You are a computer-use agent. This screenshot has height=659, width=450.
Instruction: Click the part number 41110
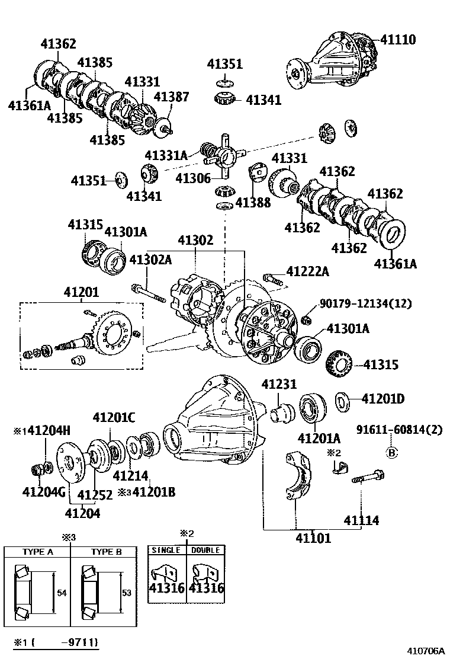coord(398,40)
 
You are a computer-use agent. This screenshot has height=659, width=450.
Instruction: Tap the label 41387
coord(171,97)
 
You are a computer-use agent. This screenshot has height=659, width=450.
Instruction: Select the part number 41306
coord(193,178)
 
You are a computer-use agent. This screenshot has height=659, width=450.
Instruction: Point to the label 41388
coord(253,203)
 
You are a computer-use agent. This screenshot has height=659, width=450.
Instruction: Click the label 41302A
coord(151,260)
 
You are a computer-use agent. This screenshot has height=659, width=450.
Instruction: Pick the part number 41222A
coord(308,272)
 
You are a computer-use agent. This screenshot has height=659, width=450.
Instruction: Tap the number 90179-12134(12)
coord(366,303)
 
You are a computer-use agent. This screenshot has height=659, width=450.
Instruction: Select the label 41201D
coord(383,398)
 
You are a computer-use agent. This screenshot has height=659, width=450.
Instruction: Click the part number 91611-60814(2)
coord(399,430)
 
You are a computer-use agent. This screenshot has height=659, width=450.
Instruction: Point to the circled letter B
coord(391,453)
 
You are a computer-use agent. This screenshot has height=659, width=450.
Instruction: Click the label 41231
coord(279,384)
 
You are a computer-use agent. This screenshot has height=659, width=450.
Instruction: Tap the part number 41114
coord(361,520)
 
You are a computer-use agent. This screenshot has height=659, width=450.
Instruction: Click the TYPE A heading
coord(38,552)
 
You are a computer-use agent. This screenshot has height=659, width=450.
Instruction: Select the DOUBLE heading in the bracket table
coord(205,550)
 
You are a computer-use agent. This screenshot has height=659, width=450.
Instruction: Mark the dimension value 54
coord(62,593)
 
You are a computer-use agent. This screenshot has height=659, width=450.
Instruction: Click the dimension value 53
coord(127,593)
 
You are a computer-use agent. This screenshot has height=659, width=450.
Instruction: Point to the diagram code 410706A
coord(425,651)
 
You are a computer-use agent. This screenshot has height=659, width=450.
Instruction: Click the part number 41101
coord(313,538)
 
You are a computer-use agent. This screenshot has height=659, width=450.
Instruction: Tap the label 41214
coord(130,475)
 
